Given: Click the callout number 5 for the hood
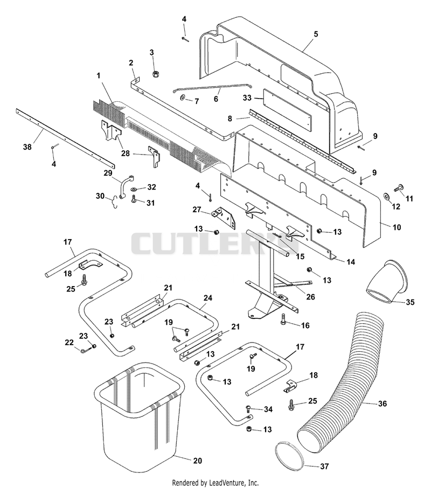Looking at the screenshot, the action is tap(316, 34).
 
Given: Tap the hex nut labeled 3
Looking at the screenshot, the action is tap(156, 74).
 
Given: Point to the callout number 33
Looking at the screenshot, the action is tap(247, 98).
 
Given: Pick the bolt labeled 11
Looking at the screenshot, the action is tap(398, 188).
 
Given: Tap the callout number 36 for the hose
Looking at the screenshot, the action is tap(382, 403).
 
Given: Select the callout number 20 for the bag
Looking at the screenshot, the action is tap(197, 461).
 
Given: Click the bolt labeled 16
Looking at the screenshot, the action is tap(283, 319).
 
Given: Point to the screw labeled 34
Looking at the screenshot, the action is tap(249, 408).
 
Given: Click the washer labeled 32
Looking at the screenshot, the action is tap(134, 189).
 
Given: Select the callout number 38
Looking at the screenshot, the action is tap(27, 147).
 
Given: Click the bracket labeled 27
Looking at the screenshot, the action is tap(225, 215).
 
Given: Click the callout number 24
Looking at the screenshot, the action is tap(208, 298).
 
